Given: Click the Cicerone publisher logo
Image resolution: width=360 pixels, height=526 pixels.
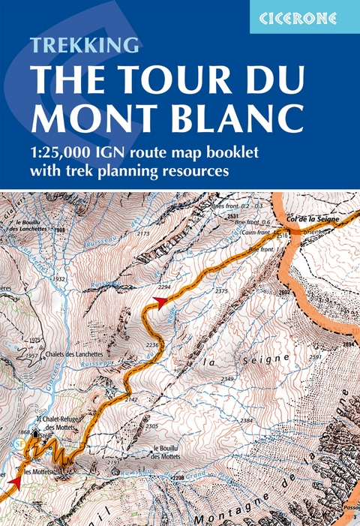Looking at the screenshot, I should click(x=304, y=17).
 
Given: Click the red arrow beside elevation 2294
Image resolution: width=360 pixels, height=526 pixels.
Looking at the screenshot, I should click(x=158, y=301).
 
